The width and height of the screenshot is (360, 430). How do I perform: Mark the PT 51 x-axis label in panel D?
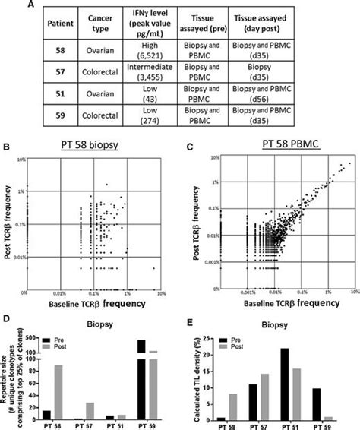116,425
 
